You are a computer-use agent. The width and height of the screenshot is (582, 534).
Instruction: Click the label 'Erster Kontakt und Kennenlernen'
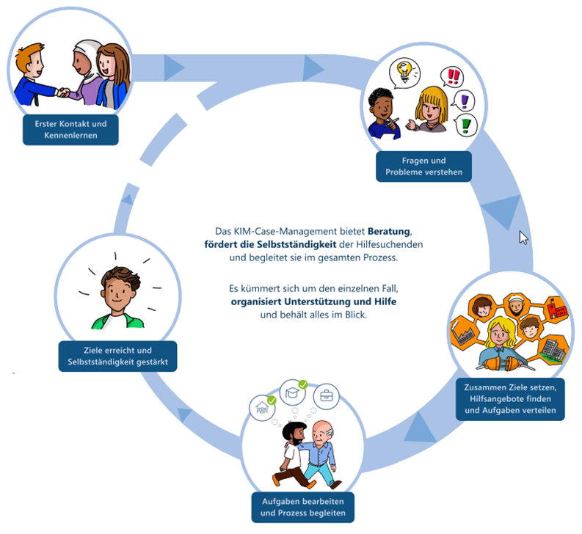(70, 130)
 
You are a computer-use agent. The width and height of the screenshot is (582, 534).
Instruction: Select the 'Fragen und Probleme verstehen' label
(423, 167)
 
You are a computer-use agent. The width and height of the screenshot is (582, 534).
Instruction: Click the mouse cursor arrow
(523, 237)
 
